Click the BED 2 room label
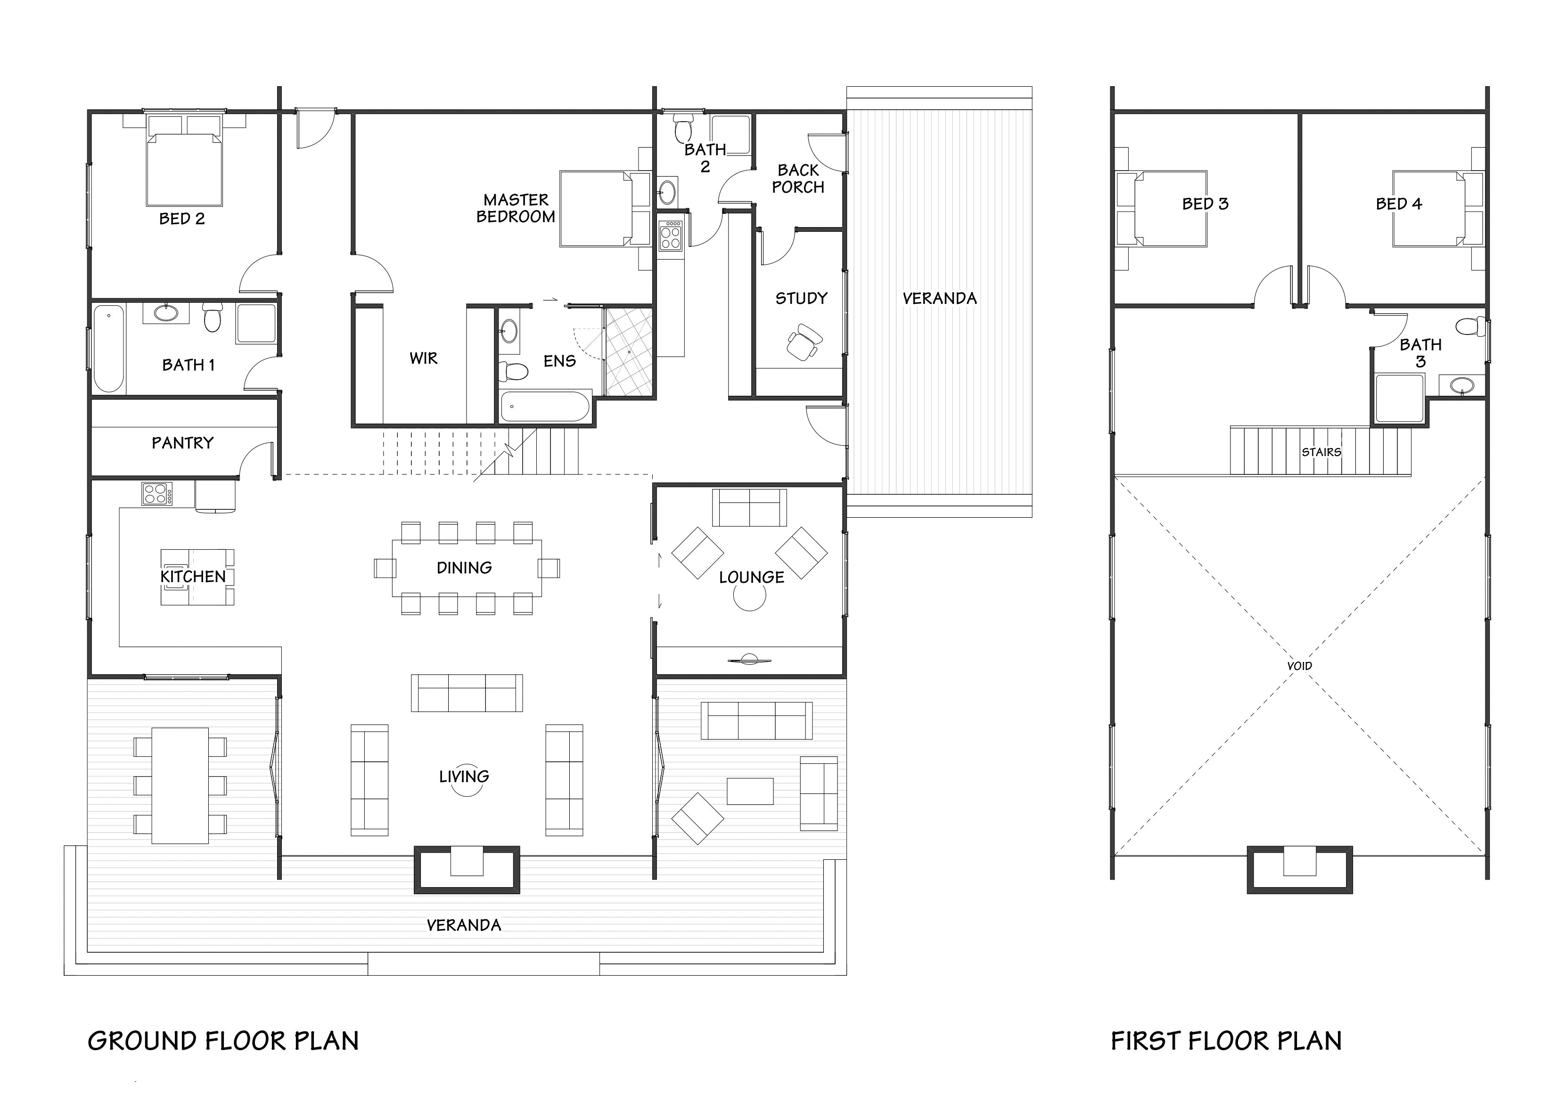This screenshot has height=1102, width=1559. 181,219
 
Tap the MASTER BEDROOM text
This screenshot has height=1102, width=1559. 516,208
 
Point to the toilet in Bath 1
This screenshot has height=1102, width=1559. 213,317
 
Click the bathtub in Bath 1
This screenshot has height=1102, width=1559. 109,348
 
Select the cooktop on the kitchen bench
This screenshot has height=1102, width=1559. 157,494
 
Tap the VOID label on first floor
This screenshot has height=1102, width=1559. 1299,666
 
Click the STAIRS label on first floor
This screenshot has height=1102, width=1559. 1321,451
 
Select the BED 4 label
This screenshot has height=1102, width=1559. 1398,204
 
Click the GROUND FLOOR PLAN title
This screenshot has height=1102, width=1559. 223,1041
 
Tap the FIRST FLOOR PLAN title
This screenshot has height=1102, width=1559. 1226,1041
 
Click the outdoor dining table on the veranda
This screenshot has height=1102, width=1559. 180,785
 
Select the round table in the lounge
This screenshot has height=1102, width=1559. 750,596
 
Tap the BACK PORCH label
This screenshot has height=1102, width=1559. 798,179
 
